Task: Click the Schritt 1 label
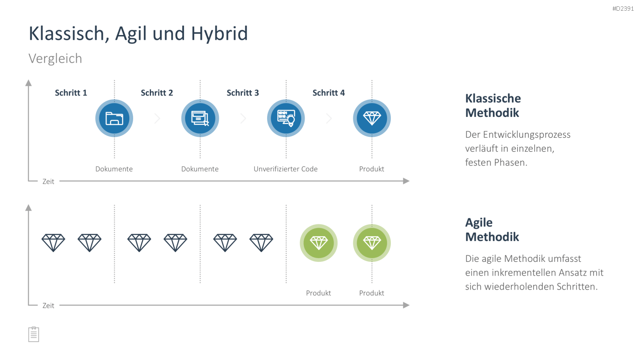click(71, 93)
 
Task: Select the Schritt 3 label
click(243, 93)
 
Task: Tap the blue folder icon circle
click(114, 118)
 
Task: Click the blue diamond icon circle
click(372, 118)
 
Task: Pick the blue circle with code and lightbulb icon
click(286, 118)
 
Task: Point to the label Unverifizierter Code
click(286, 169)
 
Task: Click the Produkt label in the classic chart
click(372, 169)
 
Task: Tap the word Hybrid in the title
click(219, 34)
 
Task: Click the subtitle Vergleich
click(55, 58)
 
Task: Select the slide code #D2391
click(623, 9)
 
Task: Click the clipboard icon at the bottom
click(34, 334)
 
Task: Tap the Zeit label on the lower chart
click(48, 305)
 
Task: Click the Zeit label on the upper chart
click(48, 181)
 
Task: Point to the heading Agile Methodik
click(492, 229)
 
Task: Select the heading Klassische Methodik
click(493, 105)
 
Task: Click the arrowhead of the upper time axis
click(406, 181)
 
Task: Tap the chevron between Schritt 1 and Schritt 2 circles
click(157, 118)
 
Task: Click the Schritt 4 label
click(329, 93)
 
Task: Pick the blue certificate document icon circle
click(200, 118)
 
